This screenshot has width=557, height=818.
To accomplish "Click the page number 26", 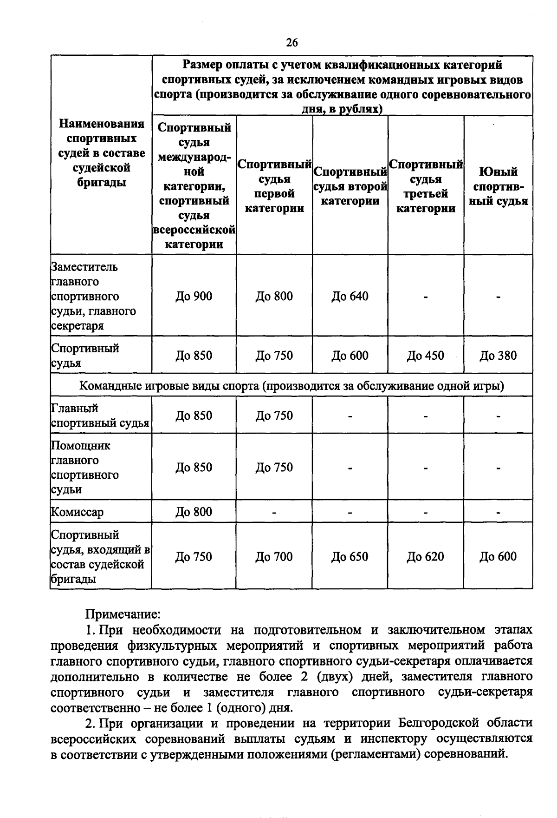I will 291,43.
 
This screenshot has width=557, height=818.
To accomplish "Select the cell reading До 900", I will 194,296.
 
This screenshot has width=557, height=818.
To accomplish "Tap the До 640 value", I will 350,296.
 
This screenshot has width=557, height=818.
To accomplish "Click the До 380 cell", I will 498,356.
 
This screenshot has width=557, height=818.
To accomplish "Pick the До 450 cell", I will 426,356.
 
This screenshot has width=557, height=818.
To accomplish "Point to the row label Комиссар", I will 77,512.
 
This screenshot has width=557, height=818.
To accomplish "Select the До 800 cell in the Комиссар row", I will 194,512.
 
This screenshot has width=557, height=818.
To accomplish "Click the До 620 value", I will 426,556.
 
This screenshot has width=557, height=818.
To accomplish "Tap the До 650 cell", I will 350,556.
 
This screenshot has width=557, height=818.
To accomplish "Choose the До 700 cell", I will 274,556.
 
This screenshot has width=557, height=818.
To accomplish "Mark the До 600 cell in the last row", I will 498,556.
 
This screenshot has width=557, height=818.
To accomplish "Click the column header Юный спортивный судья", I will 498,186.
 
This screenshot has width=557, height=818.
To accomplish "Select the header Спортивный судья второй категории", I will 350,186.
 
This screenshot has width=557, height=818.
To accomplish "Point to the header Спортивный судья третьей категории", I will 426,186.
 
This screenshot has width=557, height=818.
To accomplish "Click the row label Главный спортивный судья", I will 100,416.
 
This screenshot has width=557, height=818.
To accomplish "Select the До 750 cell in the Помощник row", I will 274,467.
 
